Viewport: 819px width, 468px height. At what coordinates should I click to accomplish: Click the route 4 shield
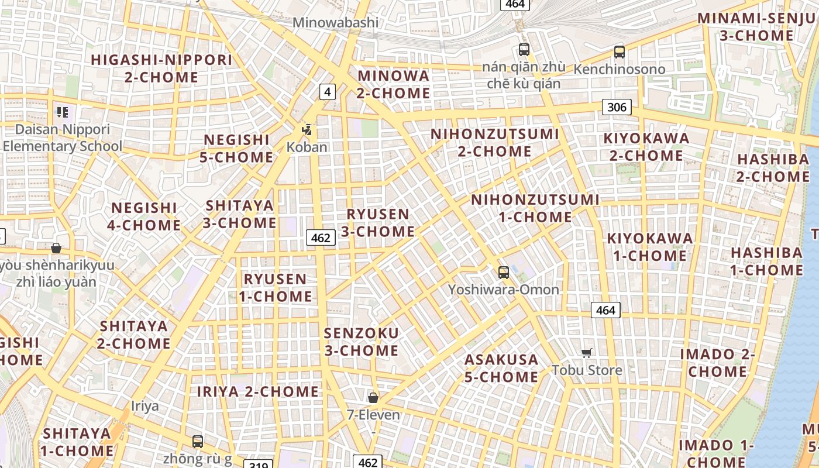pos(328,91)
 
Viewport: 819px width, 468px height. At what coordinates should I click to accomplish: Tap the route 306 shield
pos(617,106)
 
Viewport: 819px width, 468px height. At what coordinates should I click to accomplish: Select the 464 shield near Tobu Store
pos(605,310)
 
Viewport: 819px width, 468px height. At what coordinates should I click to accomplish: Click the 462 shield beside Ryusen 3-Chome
pos(321,238)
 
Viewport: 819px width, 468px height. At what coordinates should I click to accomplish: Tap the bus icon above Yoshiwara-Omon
pos(503,272)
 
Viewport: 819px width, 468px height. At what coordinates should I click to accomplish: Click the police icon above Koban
pos(307,129)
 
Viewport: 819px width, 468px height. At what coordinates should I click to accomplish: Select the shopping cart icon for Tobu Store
pos(587,353)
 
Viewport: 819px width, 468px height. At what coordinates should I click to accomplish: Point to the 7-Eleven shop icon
pos(373,398)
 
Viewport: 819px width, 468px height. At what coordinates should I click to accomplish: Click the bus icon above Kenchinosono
pos(620,51)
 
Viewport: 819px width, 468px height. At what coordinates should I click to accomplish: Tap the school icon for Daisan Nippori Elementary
pos(63,112)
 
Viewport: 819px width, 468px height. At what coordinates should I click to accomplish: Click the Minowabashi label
pos(335,23)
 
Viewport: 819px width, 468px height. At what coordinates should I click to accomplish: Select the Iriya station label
pos(144,406)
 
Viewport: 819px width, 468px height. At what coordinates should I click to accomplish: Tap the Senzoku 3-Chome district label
pos(362,342)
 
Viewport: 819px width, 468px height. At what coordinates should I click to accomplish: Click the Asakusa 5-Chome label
pos(501,368)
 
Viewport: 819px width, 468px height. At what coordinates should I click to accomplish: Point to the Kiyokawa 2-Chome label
pos(646,147)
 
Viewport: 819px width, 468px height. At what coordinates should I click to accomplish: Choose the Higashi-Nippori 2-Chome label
pos(161,68)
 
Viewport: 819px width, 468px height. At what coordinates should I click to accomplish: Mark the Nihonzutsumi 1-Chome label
pos(535,208)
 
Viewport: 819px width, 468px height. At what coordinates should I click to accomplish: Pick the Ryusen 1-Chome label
pos(275,287)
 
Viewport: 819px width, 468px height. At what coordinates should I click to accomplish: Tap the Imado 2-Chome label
pos(717,363)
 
